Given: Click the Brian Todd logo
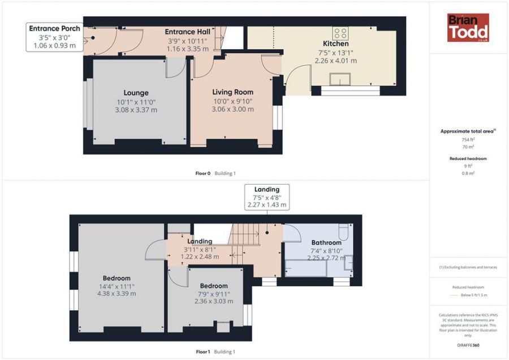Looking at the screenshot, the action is point(468,28).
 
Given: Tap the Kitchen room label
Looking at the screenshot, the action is point(335,44).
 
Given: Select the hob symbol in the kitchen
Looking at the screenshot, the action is point(340,33).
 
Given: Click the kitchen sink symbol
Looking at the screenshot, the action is point(340,79).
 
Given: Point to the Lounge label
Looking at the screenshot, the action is point(136,93).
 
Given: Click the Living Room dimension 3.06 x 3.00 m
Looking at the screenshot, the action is point(233,109).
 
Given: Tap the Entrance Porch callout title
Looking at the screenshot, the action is point(54,29).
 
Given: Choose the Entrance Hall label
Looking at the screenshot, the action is point(188,32).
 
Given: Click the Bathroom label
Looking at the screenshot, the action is point(326,242).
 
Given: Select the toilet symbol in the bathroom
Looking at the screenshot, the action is point(343,231).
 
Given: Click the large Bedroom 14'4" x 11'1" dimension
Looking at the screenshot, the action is point(117,286).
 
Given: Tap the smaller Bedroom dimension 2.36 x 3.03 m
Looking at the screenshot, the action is point(214,301).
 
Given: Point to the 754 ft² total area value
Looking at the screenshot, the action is point(468,140).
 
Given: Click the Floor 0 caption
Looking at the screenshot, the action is point(203,174).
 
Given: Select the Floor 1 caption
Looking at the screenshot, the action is point(203,352).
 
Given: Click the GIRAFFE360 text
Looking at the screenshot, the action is point(468,345).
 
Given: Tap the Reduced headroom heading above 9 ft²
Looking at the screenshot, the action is point(468,158).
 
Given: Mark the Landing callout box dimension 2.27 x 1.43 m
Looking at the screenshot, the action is point(267,205).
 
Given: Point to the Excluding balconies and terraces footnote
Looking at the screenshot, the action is point(468,267).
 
